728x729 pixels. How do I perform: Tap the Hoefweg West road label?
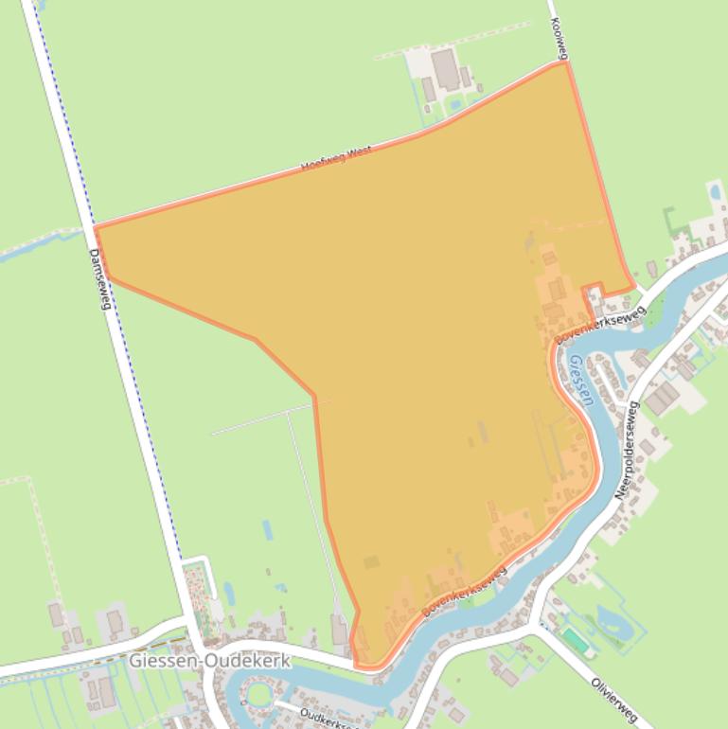tap(336, 158)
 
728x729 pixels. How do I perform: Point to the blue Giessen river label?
tap(580, 380)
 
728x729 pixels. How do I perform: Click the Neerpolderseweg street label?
tap(627, 450)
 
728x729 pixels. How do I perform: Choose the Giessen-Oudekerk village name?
tap(209, 661)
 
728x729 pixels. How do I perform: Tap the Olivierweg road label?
tap(614, 700)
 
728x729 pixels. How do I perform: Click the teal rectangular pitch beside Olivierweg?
tap(574, 640)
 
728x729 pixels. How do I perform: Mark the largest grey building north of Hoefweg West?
tap(445, 68)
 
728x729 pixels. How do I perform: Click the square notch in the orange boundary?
tap(593, 292)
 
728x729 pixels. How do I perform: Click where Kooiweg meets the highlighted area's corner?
tap(565, 62)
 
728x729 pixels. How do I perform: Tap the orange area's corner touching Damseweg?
tap(96, 228)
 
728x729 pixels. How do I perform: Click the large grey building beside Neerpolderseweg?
tap(663, 398)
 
